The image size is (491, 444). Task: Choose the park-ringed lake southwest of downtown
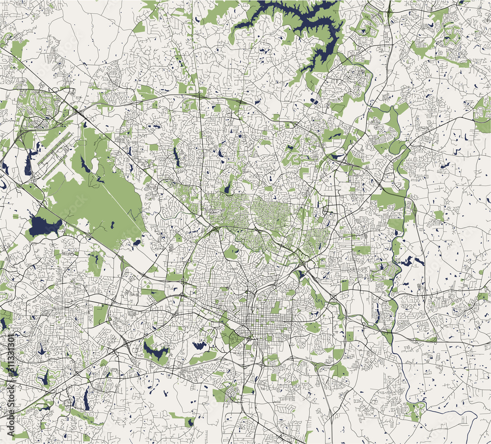pos(156,351)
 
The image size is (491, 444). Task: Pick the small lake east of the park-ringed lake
pos(199,345)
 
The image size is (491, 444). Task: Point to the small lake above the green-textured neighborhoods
pos(226,188)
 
